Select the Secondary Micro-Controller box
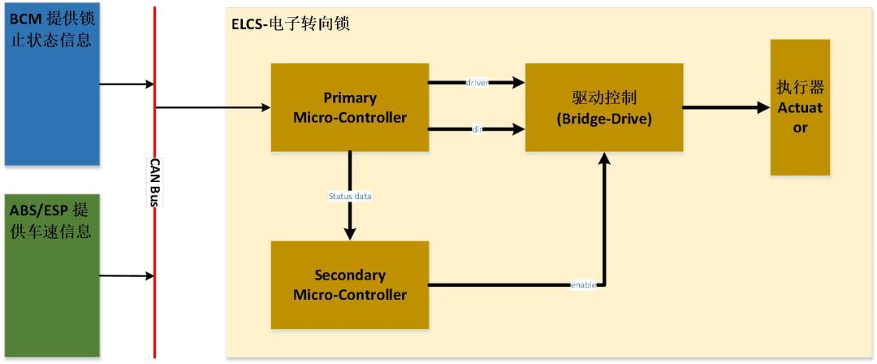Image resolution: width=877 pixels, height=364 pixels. [349, 284]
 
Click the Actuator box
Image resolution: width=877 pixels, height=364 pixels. [800, 107]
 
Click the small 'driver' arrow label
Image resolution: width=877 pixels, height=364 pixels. [476, 83]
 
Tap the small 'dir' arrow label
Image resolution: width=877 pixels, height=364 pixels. [477, 128]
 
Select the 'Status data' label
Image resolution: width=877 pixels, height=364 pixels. [349, 196]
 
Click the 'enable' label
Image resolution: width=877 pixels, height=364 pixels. [583, 284]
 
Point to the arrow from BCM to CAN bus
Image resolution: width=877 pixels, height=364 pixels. [126, 83]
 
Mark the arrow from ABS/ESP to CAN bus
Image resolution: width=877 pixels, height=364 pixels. [126, 275]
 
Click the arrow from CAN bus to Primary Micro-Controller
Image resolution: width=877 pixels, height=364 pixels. [212, 107]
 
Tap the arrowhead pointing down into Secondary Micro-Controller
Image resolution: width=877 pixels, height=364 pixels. [350, 233]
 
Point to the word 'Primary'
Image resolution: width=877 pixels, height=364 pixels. [350, 98]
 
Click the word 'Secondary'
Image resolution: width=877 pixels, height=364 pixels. [350, 275]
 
